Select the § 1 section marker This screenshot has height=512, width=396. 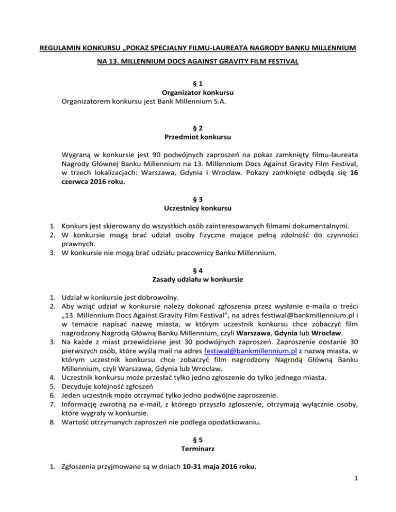point(198,83)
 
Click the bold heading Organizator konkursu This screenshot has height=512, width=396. point(198,93)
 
